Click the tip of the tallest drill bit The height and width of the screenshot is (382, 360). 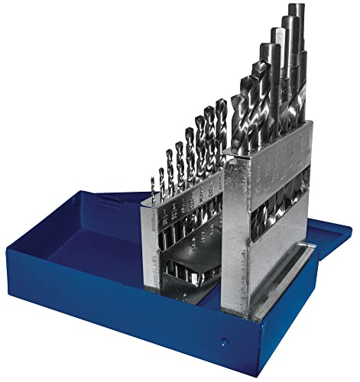point(295,8)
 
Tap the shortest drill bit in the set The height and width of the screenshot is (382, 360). point(151,187)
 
